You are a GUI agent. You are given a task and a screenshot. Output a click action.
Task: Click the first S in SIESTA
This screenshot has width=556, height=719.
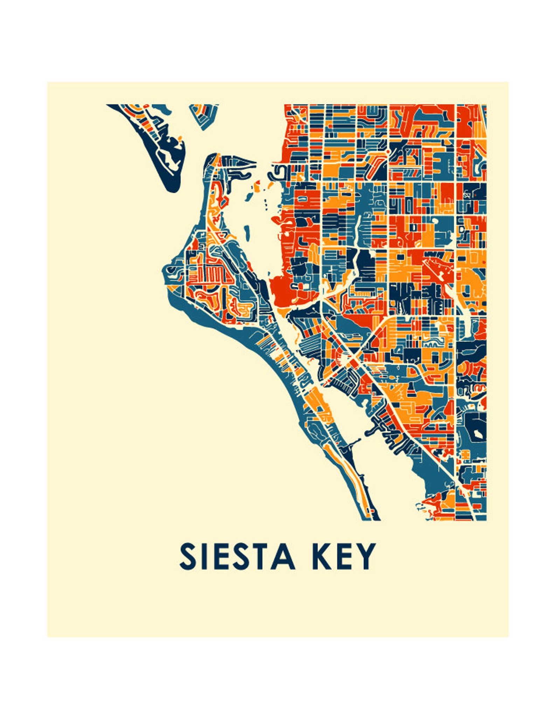187,556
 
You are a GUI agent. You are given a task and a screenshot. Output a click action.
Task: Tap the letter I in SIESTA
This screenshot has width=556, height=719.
203,556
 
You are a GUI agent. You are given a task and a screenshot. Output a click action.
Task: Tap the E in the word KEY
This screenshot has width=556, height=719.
343,556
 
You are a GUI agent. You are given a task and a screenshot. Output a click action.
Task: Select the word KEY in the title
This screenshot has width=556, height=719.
343,556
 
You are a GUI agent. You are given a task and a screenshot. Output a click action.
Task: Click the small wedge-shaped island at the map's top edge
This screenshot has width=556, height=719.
204,115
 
